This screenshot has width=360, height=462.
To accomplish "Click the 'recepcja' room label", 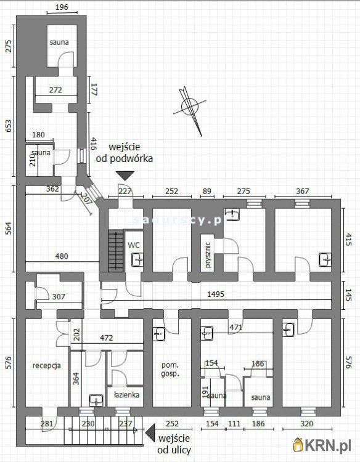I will (47, 365).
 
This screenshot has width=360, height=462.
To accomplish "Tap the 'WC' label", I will (134, 245).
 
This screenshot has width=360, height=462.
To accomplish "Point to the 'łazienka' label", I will (126, 395).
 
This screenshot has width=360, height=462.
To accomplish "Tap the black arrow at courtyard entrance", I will (125, 176).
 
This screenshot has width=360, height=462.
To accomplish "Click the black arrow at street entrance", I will (149, 436).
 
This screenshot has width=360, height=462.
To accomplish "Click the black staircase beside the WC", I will (115, 251).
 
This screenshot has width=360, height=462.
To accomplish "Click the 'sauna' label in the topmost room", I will (59, 42).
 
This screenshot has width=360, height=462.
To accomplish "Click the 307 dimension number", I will (59, 297).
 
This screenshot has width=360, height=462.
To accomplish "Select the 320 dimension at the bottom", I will (306, 424).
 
